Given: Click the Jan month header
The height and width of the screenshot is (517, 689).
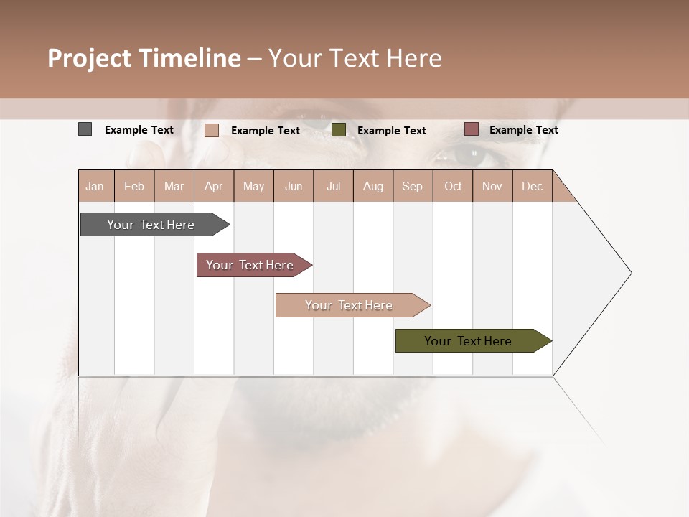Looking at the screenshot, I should coord(95,186).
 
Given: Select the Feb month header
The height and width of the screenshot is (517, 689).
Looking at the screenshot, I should coord(134,186).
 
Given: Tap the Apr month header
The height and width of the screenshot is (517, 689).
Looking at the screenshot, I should coord(214,186).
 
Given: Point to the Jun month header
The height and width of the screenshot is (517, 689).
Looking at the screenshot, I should coord(294,186).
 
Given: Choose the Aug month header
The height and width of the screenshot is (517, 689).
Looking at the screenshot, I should coord(373,186).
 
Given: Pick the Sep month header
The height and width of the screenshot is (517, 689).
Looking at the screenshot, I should coord(413,186).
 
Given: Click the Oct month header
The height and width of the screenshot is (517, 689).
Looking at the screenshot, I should coord(453,186).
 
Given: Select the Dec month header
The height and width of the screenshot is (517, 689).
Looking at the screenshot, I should coord(533,186).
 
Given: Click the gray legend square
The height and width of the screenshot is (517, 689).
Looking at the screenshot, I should coord(85,129).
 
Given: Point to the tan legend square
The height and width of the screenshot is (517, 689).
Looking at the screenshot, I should coord(212,130).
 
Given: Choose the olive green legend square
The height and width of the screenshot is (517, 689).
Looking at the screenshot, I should coord(339,129).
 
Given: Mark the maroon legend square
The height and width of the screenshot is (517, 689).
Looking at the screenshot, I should coord(472,129).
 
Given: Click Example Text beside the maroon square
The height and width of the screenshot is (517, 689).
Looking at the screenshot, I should coord(523,130).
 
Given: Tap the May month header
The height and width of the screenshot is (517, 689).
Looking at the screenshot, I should coord(253,186).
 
